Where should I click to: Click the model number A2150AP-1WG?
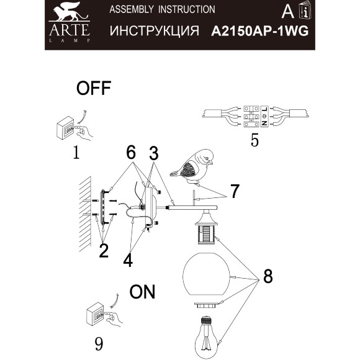click(259, 31)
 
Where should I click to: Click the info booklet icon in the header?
click(304, 11)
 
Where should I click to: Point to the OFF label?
click(93, 89)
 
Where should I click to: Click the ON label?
click(143, 291)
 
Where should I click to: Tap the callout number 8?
click(267, 276)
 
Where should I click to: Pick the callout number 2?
click(103, 250)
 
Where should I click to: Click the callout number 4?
click(127, 259)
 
